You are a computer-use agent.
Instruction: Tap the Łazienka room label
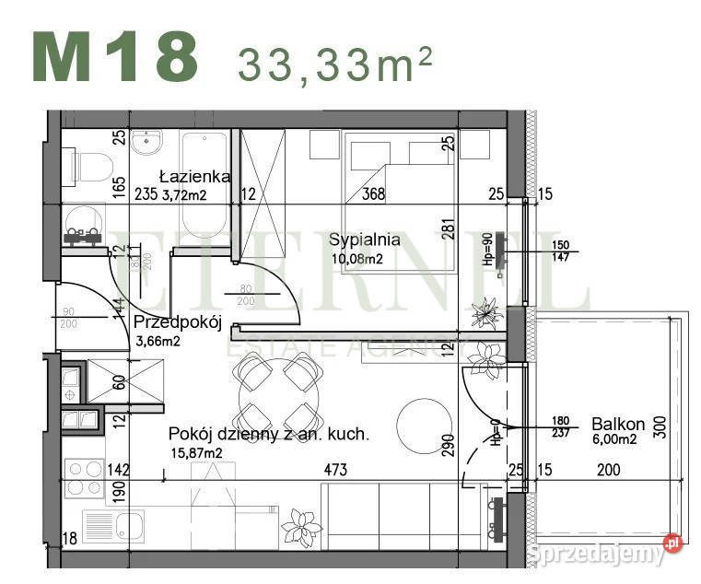(194, 176)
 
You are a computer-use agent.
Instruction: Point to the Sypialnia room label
(364, 239)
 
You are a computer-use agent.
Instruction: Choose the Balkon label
(618, 425)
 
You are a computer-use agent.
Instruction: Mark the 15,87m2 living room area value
(195, 453)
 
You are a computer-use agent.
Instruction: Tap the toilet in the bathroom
(88, 168)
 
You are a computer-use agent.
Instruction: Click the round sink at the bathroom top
(147, 142)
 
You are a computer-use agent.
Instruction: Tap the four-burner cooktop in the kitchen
(85, 478)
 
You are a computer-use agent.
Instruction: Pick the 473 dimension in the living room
(334, 470)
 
